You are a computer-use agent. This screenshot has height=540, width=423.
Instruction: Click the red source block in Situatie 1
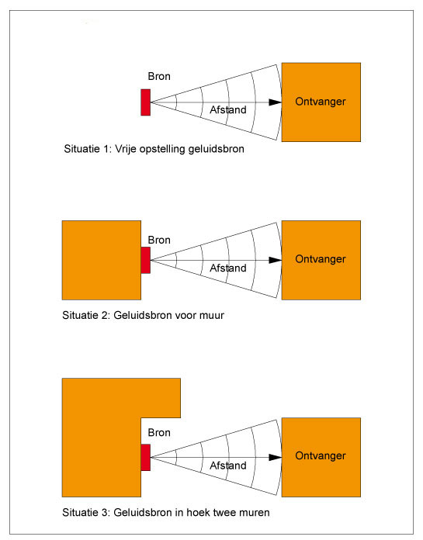[x=145, y=102]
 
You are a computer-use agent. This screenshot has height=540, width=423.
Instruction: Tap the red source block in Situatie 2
[x=145, y=260]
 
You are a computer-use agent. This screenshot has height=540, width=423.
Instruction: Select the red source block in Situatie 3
[x=145, y=457]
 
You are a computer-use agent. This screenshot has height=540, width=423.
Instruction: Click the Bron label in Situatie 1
[x=159, y=76]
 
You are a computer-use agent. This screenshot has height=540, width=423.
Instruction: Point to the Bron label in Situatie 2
[x=159, y=240]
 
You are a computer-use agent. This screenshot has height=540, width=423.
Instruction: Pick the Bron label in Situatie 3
[x=159, y=432]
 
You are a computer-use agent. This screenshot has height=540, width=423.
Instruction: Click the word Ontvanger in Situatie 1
[x=321, y=102]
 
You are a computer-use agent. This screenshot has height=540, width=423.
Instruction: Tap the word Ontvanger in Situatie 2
[x=321, y=259]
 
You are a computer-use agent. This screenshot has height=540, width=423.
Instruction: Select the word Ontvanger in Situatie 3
[x=321, y=455]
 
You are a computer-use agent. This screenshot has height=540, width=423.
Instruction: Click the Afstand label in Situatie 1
[x=228, y=110]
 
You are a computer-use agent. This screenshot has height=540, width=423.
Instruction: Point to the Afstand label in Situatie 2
[x=228, y=268]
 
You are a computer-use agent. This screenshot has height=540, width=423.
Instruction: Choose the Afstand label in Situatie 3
[x=228, y=466]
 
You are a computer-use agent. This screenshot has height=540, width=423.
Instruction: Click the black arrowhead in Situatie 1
[x=276, y=102]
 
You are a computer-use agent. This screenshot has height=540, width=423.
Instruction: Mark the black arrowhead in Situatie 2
[x=276, y=260]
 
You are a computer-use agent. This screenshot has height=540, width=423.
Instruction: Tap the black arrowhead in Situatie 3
[x=276, y=457]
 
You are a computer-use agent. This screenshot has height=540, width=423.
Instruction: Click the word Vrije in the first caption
[x=126, y=149]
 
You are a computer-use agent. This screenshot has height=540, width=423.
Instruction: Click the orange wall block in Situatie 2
[x=101, y=260]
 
